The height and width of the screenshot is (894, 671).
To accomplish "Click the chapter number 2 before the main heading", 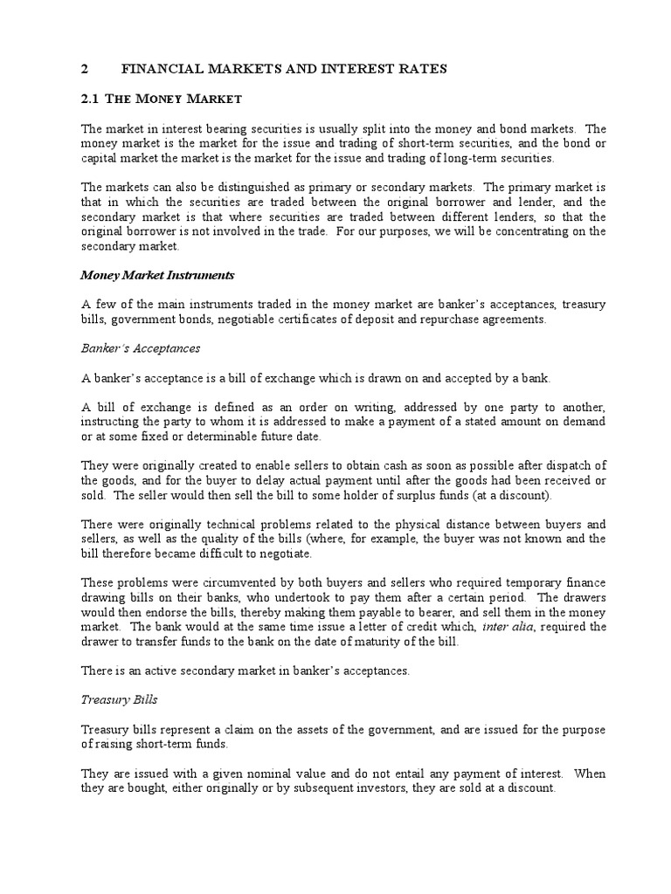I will click(84, 68).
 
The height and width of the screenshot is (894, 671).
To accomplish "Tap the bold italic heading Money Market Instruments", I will click(157, 274).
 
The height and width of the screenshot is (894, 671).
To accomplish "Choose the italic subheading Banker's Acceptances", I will click(141, 347).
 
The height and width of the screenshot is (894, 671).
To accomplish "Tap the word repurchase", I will click(493, 319).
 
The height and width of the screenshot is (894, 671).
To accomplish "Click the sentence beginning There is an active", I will click(246, 671).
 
